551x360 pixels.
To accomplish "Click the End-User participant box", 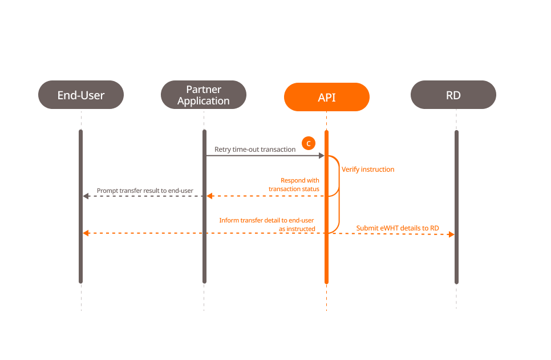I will [x=81, y=95].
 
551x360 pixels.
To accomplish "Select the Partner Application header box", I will [x=204, y=95].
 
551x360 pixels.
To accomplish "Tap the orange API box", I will [x=327, y=97].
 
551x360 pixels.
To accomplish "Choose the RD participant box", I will [x=453, y=95].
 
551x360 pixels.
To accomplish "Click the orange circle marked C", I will [x=309, y=143].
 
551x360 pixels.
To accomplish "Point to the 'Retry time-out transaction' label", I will [x=255, y=149].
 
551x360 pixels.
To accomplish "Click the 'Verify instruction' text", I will [x=368, y=169].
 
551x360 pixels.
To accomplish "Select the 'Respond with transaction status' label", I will [x=294, y=184].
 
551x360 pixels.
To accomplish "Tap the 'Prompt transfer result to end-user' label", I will [x=145, y=190].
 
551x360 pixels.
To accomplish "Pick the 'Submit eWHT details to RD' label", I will [x=398, y=228].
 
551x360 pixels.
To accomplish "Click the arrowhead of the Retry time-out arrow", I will [x=322, y=156].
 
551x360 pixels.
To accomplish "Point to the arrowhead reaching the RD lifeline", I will [x=451, y=234].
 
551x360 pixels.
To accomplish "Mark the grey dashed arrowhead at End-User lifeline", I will [x=86, y=196].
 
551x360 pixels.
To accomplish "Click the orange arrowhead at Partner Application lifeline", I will [x=209, y=196].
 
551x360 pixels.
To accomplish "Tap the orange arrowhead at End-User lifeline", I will [x=86, y=233].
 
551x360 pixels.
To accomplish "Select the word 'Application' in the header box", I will [x=204, y=101].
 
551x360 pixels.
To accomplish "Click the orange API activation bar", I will [x=327, y=257].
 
